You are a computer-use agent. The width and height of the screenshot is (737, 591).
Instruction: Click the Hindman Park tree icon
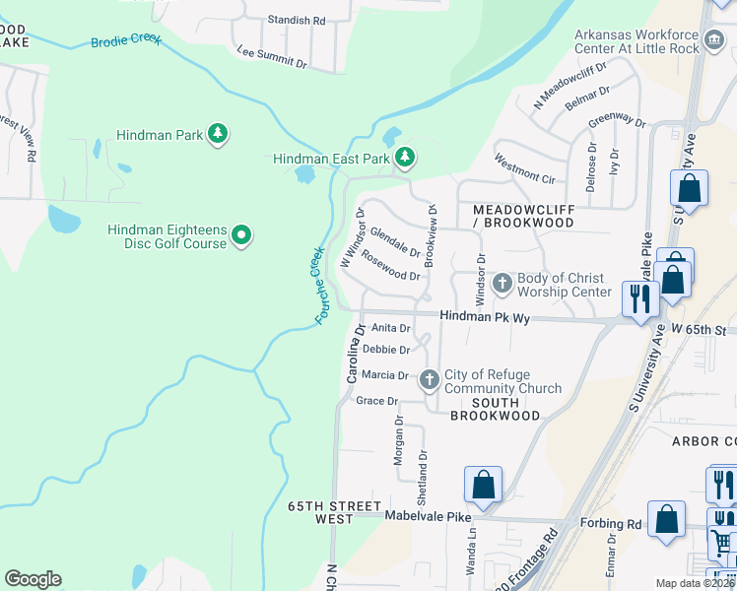coord(217,134)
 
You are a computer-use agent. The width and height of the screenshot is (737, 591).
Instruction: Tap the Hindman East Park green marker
coord(404,158)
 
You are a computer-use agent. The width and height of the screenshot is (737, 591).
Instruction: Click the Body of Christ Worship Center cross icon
coord(502,285)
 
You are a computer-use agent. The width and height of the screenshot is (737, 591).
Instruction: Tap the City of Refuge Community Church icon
coord(429,380)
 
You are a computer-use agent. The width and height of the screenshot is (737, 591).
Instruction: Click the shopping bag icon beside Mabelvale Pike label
coord(483,486)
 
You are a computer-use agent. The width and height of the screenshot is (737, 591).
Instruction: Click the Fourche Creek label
coord(319,285)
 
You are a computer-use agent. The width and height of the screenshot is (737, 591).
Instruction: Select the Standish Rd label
coord(298,20)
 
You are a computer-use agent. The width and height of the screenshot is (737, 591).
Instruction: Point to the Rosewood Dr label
coord(391,267)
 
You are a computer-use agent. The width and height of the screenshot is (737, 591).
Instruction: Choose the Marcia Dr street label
coord(385,375)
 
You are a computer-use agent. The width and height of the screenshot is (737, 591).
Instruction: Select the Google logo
coord(33,578)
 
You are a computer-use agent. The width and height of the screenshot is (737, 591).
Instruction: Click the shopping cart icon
coord(722,540)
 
